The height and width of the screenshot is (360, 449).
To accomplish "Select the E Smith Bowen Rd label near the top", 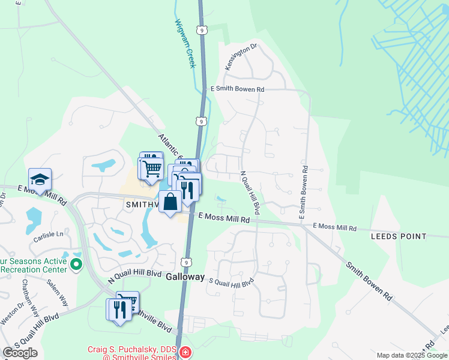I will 237,89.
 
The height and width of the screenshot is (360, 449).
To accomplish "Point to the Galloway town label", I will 186,278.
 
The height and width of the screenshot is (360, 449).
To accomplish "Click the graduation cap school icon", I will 40,179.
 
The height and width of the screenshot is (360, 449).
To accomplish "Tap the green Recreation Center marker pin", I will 76,263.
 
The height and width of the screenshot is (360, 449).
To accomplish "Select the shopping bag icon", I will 170,201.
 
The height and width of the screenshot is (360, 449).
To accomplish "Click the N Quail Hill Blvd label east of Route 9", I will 249,193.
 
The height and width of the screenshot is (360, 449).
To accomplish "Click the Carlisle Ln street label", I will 49,234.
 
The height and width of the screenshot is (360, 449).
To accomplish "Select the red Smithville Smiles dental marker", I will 186,352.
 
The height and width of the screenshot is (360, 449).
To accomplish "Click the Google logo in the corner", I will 20,353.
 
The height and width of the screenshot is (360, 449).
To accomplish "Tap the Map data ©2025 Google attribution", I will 411,355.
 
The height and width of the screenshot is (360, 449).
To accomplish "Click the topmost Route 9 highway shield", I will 202,29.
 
